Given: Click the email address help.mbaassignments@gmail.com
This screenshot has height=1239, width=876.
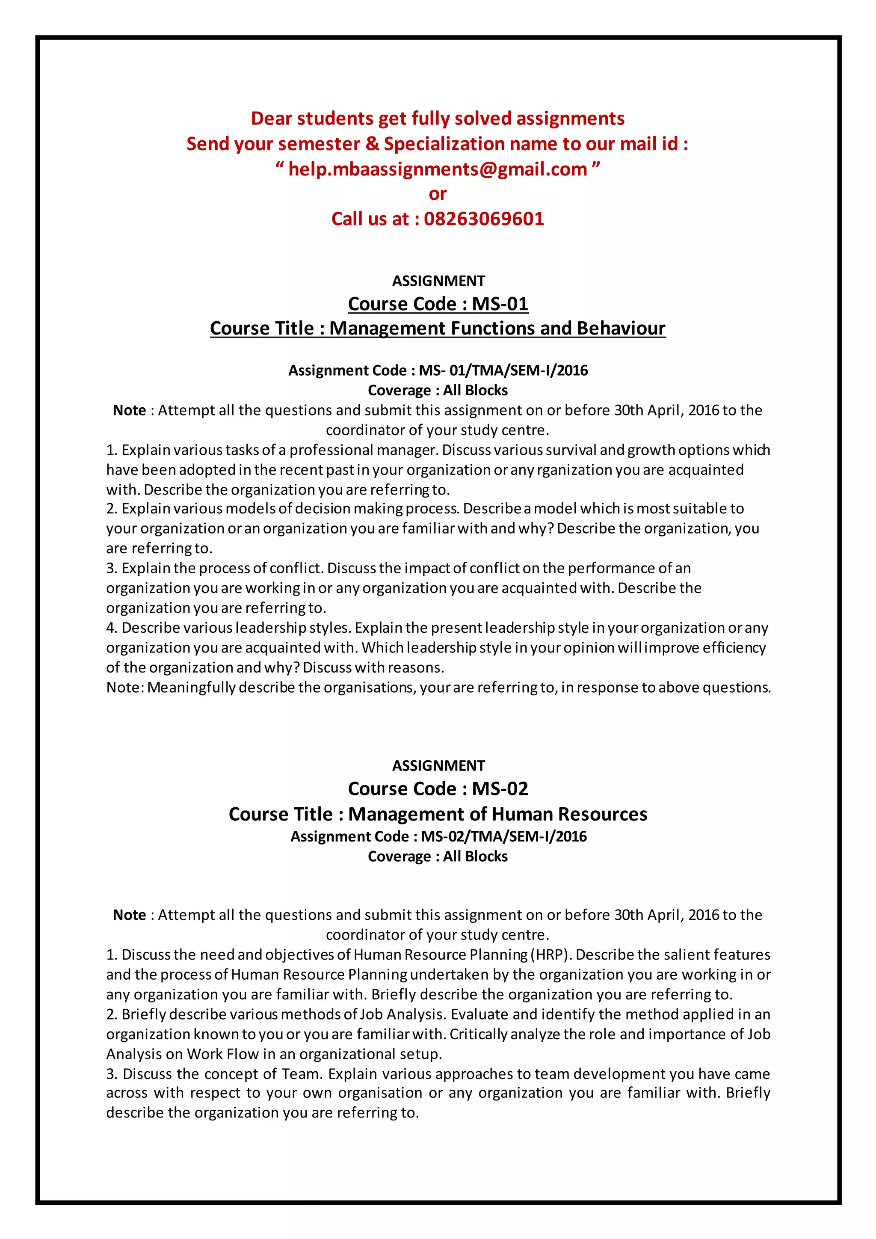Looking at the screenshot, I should coord(438,169).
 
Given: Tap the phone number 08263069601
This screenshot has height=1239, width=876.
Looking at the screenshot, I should coord(484,219).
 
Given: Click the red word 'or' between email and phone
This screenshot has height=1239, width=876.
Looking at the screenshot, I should coord(438,194).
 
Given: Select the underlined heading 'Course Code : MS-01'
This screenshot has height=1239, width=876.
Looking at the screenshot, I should coord(438,304).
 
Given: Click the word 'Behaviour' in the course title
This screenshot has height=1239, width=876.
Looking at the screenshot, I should coord(621,328).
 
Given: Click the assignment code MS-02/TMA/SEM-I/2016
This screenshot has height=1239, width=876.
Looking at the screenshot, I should coord(504,836).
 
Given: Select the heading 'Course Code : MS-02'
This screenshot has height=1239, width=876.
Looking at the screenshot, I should coord(438,789).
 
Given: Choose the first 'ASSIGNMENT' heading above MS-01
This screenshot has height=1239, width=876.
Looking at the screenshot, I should coord(438,281).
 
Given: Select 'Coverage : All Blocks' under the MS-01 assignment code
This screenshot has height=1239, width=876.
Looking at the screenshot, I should coord(438,391).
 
